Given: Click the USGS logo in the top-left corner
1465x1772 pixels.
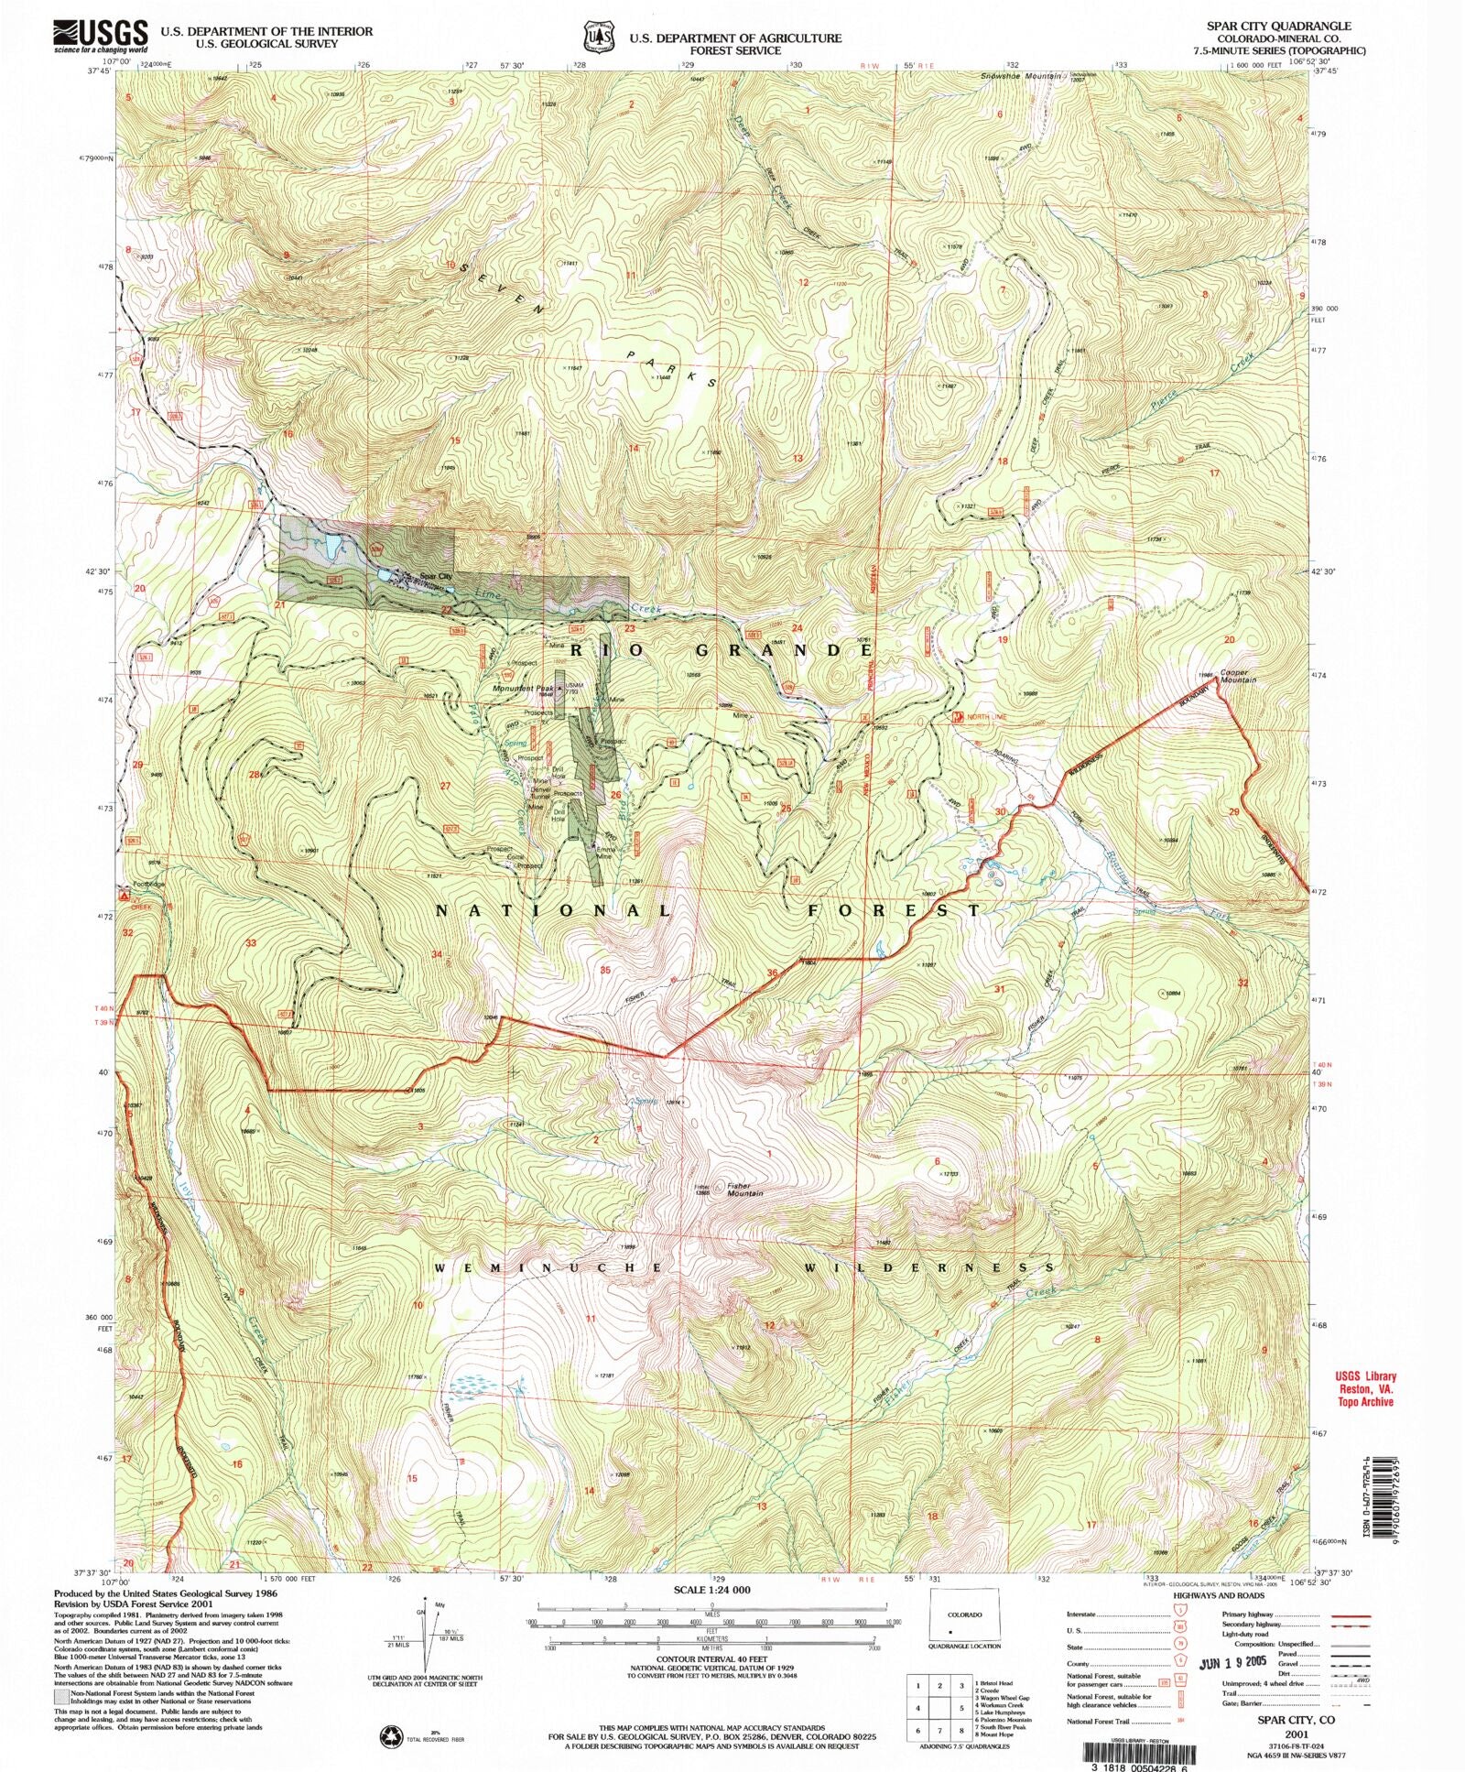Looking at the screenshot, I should point(100,36).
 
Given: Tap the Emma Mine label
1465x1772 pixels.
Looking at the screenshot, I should point(603,853).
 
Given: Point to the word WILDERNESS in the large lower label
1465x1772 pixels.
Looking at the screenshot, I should point(928,1268).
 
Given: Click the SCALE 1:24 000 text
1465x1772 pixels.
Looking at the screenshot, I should point(711,1590).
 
